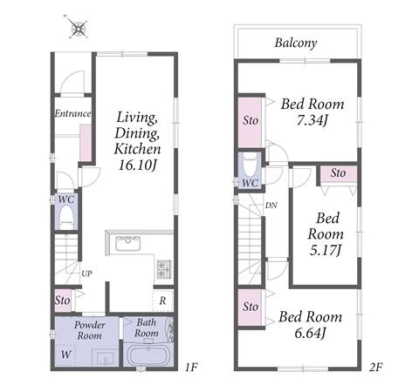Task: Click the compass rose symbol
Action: (79, 27)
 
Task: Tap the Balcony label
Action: (296, 43)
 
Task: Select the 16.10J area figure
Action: (138, 166)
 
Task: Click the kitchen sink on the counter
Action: (128, 243)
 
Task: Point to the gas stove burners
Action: (164, 269)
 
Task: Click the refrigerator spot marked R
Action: (162, 301)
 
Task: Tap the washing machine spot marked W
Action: (65, 355)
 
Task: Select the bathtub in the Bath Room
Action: (148, 355)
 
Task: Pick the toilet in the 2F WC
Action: (250, 165)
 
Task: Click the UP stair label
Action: (86, 274)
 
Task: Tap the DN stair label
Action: (271, 206)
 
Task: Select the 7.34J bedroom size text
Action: (312, 120)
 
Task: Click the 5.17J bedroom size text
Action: (325, 250)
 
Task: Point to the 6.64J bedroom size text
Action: (310, 333)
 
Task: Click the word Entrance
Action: (72, 113)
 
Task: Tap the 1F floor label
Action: (191, 368)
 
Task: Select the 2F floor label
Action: (375, 368)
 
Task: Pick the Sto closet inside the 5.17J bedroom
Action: (338, 173)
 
